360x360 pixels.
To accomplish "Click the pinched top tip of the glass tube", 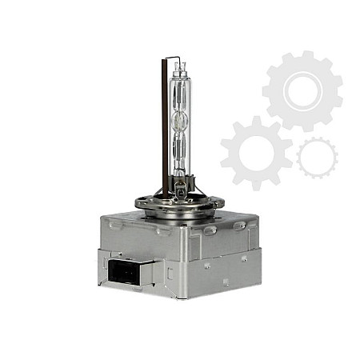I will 179,65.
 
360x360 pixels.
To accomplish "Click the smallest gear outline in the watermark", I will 317,157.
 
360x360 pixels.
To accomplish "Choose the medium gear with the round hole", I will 256,151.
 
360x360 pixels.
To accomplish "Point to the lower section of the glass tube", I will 179,156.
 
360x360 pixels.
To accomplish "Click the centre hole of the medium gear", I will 256,151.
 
